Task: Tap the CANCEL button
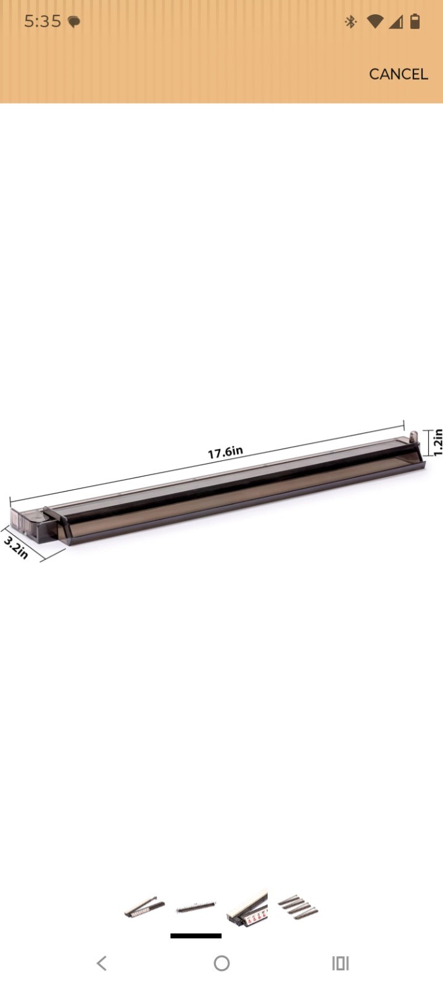click(398, 74)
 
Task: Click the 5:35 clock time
click(43, 21)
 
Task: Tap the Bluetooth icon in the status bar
click(350, 22)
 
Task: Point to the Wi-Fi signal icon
click(375, 22)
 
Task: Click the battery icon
click(415, 21)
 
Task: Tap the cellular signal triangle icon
click(395, 22)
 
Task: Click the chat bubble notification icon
click(74, 22)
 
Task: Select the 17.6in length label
click(225, 452)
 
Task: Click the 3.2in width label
click(16, 547)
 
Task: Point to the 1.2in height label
click(437, 442)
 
